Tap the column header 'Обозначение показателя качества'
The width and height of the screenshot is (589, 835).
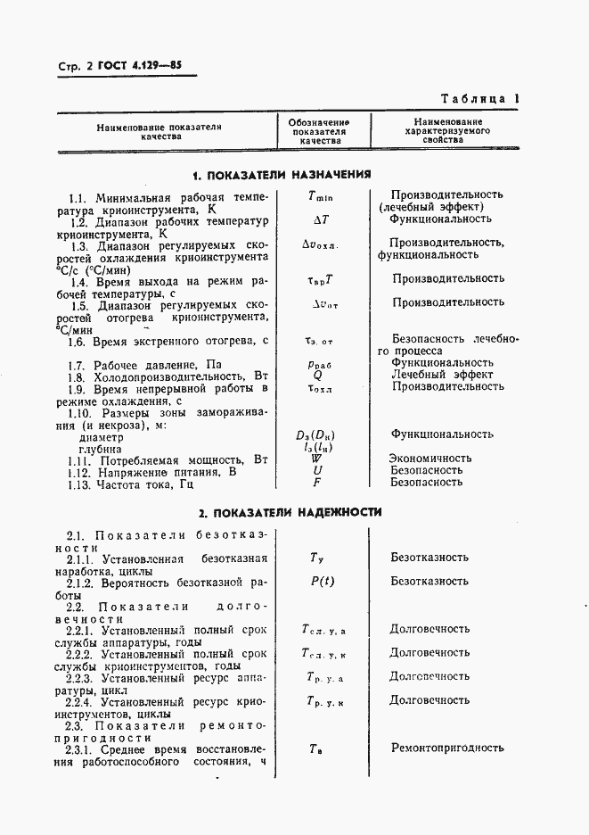pyautogui.click(x=319, y=131)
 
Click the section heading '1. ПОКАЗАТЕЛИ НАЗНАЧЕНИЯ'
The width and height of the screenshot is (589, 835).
pyautogui.click(x=282, y=175)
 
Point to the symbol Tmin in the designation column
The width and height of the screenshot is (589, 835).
pyautogui.click(x=320, y=194)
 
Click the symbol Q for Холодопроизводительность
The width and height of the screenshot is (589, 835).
pyautogui.click(x=317, y=375)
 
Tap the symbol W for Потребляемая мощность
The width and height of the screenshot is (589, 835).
pyautogui.click(x=316, y=458)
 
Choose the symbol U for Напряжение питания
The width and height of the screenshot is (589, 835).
pyautogui.click(x=317, y=469)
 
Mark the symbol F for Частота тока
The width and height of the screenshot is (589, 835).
pyautogui.click(x=317, y=482)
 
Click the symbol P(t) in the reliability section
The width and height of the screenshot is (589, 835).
pyautogui.click(x=322, y=581)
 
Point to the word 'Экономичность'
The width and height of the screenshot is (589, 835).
pyautogui.click(x=431, y=458)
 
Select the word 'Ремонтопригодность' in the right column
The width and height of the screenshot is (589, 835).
pyautogui.click(x=447, y=748)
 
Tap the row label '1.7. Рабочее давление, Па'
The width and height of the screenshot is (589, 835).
pyautogui.click(x=144, y=364)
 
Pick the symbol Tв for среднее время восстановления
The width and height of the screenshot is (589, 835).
pyautogui.click(x=316, y=748)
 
